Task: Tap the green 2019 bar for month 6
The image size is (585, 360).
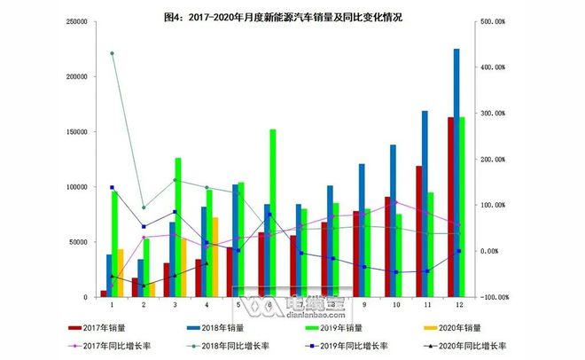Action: (x=272, y=213)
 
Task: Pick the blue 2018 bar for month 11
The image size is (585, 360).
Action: (x=425, y=204)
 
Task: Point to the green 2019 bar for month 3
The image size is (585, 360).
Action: (x=178, y=227)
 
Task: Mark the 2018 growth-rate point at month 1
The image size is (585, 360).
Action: (x=112, y=53)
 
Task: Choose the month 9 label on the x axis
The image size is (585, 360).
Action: (x=363, y=305)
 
